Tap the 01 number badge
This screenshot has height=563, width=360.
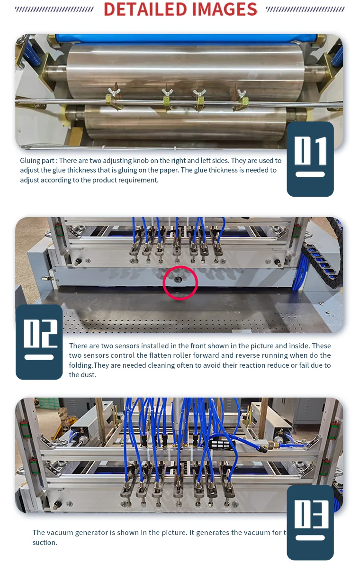[310, 159]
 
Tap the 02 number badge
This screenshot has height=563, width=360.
[39, 342]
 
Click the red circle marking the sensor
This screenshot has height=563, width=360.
[180, 283]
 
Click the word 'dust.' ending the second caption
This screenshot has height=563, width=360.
[76, 375]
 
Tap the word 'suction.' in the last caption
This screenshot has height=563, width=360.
[45, 543]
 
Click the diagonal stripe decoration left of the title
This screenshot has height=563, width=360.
[54, 9]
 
